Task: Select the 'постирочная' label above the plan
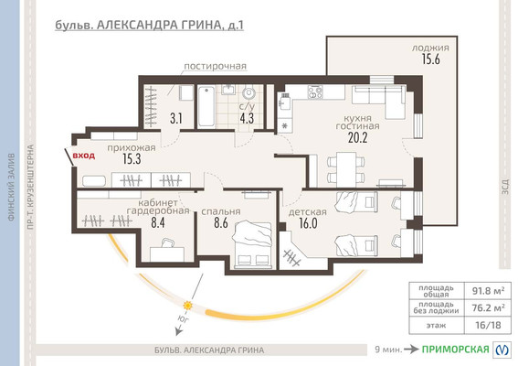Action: pyautogui.click(x=215, y=67)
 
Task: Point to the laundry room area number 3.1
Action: pyautogui.click(x=176, y=118)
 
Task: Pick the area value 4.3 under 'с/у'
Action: pyautogui.click(x=248, y=118)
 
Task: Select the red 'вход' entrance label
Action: pyautogui.click(x=84, y=156)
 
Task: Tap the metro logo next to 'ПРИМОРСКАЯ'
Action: pyautogui.click(x=502, y=350)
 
